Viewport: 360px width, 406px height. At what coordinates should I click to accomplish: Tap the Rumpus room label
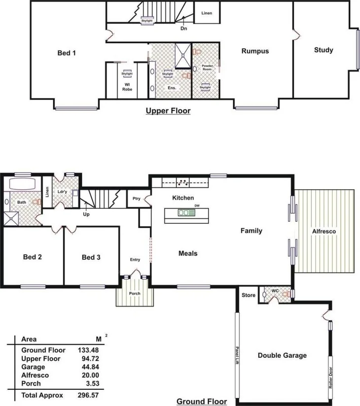pyautogui.click(x=255, y=51)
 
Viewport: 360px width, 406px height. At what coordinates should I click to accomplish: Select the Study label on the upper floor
pyautogui.click(x=323, y=50)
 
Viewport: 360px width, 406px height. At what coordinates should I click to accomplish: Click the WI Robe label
pyautogui.click(x=127, y=86)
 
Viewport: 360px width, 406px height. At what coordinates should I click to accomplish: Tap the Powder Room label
pyautogui.click(x=208, y=67)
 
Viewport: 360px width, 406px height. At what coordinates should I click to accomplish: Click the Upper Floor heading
pyautogui.click(x=168, y=110)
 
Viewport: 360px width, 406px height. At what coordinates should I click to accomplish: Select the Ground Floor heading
pyautogui.click(x=199, y=402)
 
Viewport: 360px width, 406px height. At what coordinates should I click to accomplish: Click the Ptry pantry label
pyautogui.click(x=136, y=199)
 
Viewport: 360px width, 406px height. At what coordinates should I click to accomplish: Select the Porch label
pyautogui.click(x=134, y=294)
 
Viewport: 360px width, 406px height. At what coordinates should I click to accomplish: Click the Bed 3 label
pyautogui.click(x=91, y=257)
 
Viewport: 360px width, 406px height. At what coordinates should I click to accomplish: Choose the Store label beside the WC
pyautogui.click(x=248, y=294)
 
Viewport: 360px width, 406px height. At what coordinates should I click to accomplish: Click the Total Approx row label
pyautogui.click(x=42, y=394)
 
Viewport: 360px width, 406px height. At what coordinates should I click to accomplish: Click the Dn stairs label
pyautogui.click(x=184, y=28)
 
